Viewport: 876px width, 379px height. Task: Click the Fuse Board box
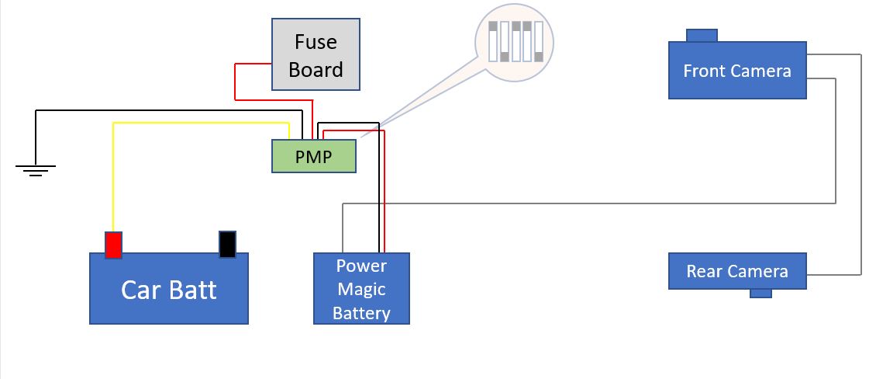point(316,54)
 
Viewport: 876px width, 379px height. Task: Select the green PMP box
point(314,156)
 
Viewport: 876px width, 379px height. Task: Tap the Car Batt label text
point(169,290)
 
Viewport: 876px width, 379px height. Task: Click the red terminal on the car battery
point(113,245)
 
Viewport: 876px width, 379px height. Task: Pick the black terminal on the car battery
point(227,244)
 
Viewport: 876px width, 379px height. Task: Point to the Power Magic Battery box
point(361,288)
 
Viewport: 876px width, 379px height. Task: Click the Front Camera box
point(737,70)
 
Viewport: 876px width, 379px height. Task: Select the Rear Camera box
point(737,271)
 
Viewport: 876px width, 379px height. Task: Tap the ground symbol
point(35,170)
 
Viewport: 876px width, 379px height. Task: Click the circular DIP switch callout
point(514,43)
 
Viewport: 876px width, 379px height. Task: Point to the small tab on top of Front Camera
point(702,35)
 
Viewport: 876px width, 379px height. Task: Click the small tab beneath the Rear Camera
point(760,294)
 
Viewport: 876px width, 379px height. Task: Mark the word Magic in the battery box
point(361,289)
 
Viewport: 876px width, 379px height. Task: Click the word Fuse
point(316,42)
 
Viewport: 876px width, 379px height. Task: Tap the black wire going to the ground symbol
point(167,111)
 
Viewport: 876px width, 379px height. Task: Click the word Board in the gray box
point(316,70)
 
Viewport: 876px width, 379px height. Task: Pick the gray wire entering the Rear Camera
point(860,165)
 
